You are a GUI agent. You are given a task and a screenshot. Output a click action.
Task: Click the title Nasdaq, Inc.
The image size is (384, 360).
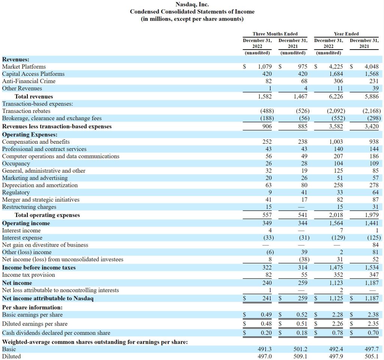pyautogui.click(x=192, y=5)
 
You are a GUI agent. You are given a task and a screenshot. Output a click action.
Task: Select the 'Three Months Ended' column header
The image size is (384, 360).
pyautogui.click(x=275, y=34)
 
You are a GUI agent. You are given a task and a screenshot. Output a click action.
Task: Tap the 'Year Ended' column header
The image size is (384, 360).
pyautogui.click(x=346, y=34)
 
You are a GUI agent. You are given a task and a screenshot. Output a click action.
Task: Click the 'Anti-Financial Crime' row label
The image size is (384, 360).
pyautogui.click(x=28, y=81)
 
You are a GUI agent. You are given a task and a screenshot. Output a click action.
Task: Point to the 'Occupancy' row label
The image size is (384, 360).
pyautogui.click(x=16, y=164)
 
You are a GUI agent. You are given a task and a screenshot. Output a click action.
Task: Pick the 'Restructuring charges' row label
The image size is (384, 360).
pyautogui.click(x=29, y=207)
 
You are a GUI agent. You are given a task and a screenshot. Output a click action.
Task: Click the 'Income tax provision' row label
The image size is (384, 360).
pyautogui.click(x=28, y=275)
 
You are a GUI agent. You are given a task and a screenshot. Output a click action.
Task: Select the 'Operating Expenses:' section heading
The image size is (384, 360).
pyautogui.click(x=30, y=135)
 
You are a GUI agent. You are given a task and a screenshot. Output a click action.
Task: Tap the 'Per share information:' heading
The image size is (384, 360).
pyautogui.click(x=32, y=307)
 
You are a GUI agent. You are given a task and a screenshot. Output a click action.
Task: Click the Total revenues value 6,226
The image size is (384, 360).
pyautogui.click(x=336, y=96)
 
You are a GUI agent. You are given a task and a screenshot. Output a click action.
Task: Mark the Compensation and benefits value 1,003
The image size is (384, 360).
pyautogui.click(x=336, y=142)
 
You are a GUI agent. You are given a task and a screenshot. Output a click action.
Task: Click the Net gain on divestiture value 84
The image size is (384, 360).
pyautogui.click(x=375, y=245)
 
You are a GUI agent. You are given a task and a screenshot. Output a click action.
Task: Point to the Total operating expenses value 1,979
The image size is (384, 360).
pyautogui.click(x=372, y=215)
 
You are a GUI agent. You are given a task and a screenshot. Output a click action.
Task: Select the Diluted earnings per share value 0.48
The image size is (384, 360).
pyautogui.click(x=266, y=324)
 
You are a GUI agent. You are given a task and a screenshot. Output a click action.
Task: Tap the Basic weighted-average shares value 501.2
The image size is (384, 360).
pyautogui.click(x=300, y=349)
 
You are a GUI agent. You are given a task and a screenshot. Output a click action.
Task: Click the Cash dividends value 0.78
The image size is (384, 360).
pyautogui.click(x=337, y=333)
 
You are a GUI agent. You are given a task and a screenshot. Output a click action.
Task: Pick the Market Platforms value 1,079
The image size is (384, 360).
pyautogui.click(x=265, y=67)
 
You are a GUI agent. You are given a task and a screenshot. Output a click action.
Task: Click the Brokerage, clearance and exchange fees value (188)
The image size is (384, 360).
pyautogui.click(x=267, y=119)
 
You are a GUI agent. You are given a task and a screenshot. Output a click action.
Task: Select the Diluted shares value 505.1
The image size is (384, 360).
pyautogui.click(x=372, y=356)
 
